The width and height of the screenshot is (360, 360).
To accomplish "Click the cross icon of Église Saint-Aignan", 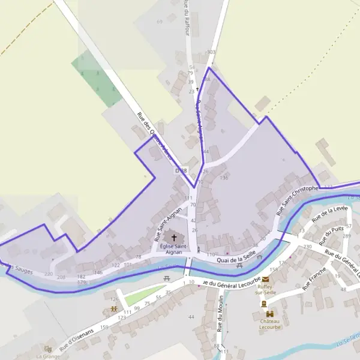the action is (x=174, y=238).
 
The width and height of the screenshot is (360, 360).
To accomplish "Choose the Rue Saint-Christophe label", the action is (x=296, y=200).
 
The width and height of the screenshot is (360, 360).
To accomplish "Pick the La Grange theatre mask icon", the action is (x=47, y=349).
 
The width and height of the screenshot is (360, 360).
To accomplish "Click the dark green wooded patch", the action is (x=97, y=78).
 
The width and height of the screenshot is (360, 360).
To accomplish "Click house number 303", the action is (x=211, y=52).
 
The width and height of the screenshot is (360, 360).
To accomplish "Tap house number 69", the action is (x=160, y=22).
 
